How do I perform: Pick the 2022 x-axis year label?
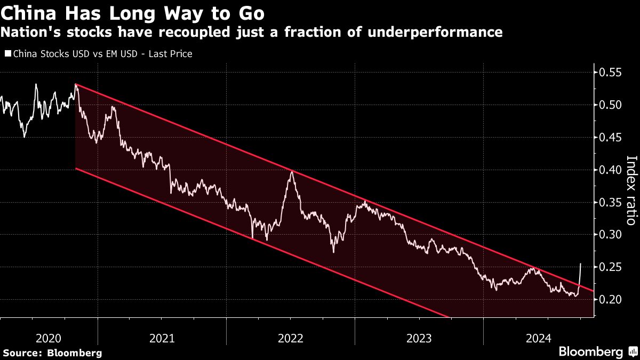pos(290,338)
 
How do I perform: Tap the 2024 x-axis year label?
pos(538,338)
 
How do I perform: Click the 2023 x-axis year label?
pos(419,338)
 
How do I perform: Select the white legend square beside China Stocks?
pos(7,53)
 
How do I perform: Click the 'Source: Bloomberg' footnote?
pos(52,353)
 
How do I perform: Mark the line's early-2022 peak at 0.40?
pos(291,171)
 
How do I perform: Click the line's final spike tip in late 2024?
pos(581,263)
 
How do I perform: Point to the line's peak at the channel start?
pos(76,84)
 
